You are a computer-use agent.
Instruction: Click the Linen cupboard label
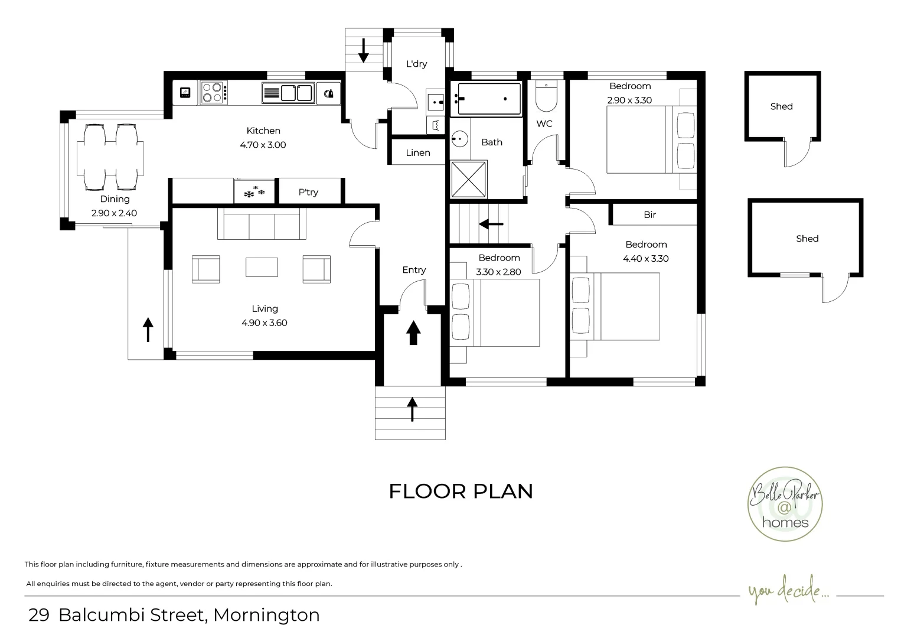[x=417, y=153]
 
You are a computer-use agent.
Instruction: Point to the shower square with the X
[x=469, y=179]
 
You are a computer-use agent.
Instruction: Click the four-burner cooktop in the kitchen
[x=214, y=93]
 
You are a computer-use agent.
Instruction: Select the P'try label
[x=308, y=192]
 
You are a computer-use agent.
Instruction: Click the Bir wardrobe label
[x=649, y=215]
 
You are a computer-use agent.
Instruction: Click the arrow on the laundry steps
[x=363, y=50]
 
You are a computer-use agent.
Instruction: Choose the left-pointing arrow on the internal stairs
[x=491, y=224]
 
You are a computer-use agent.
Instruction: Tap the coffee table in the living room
[x=262, y=266]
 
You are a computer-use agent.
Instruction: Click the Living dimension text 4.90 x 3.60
[x=264, y=323]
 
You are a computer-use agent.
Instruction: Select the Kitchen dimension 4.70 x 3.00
[x=263, y=145]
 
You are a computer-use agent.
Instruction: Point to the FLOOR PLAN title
[x=461, y=491]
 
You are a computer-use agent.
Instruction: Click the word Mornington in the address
[x=266, y=615]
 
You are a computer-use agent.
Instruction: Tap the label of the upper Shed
[x=781, y=107]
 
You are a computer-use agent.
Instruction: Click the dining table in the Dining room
[x=110, y=158]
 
